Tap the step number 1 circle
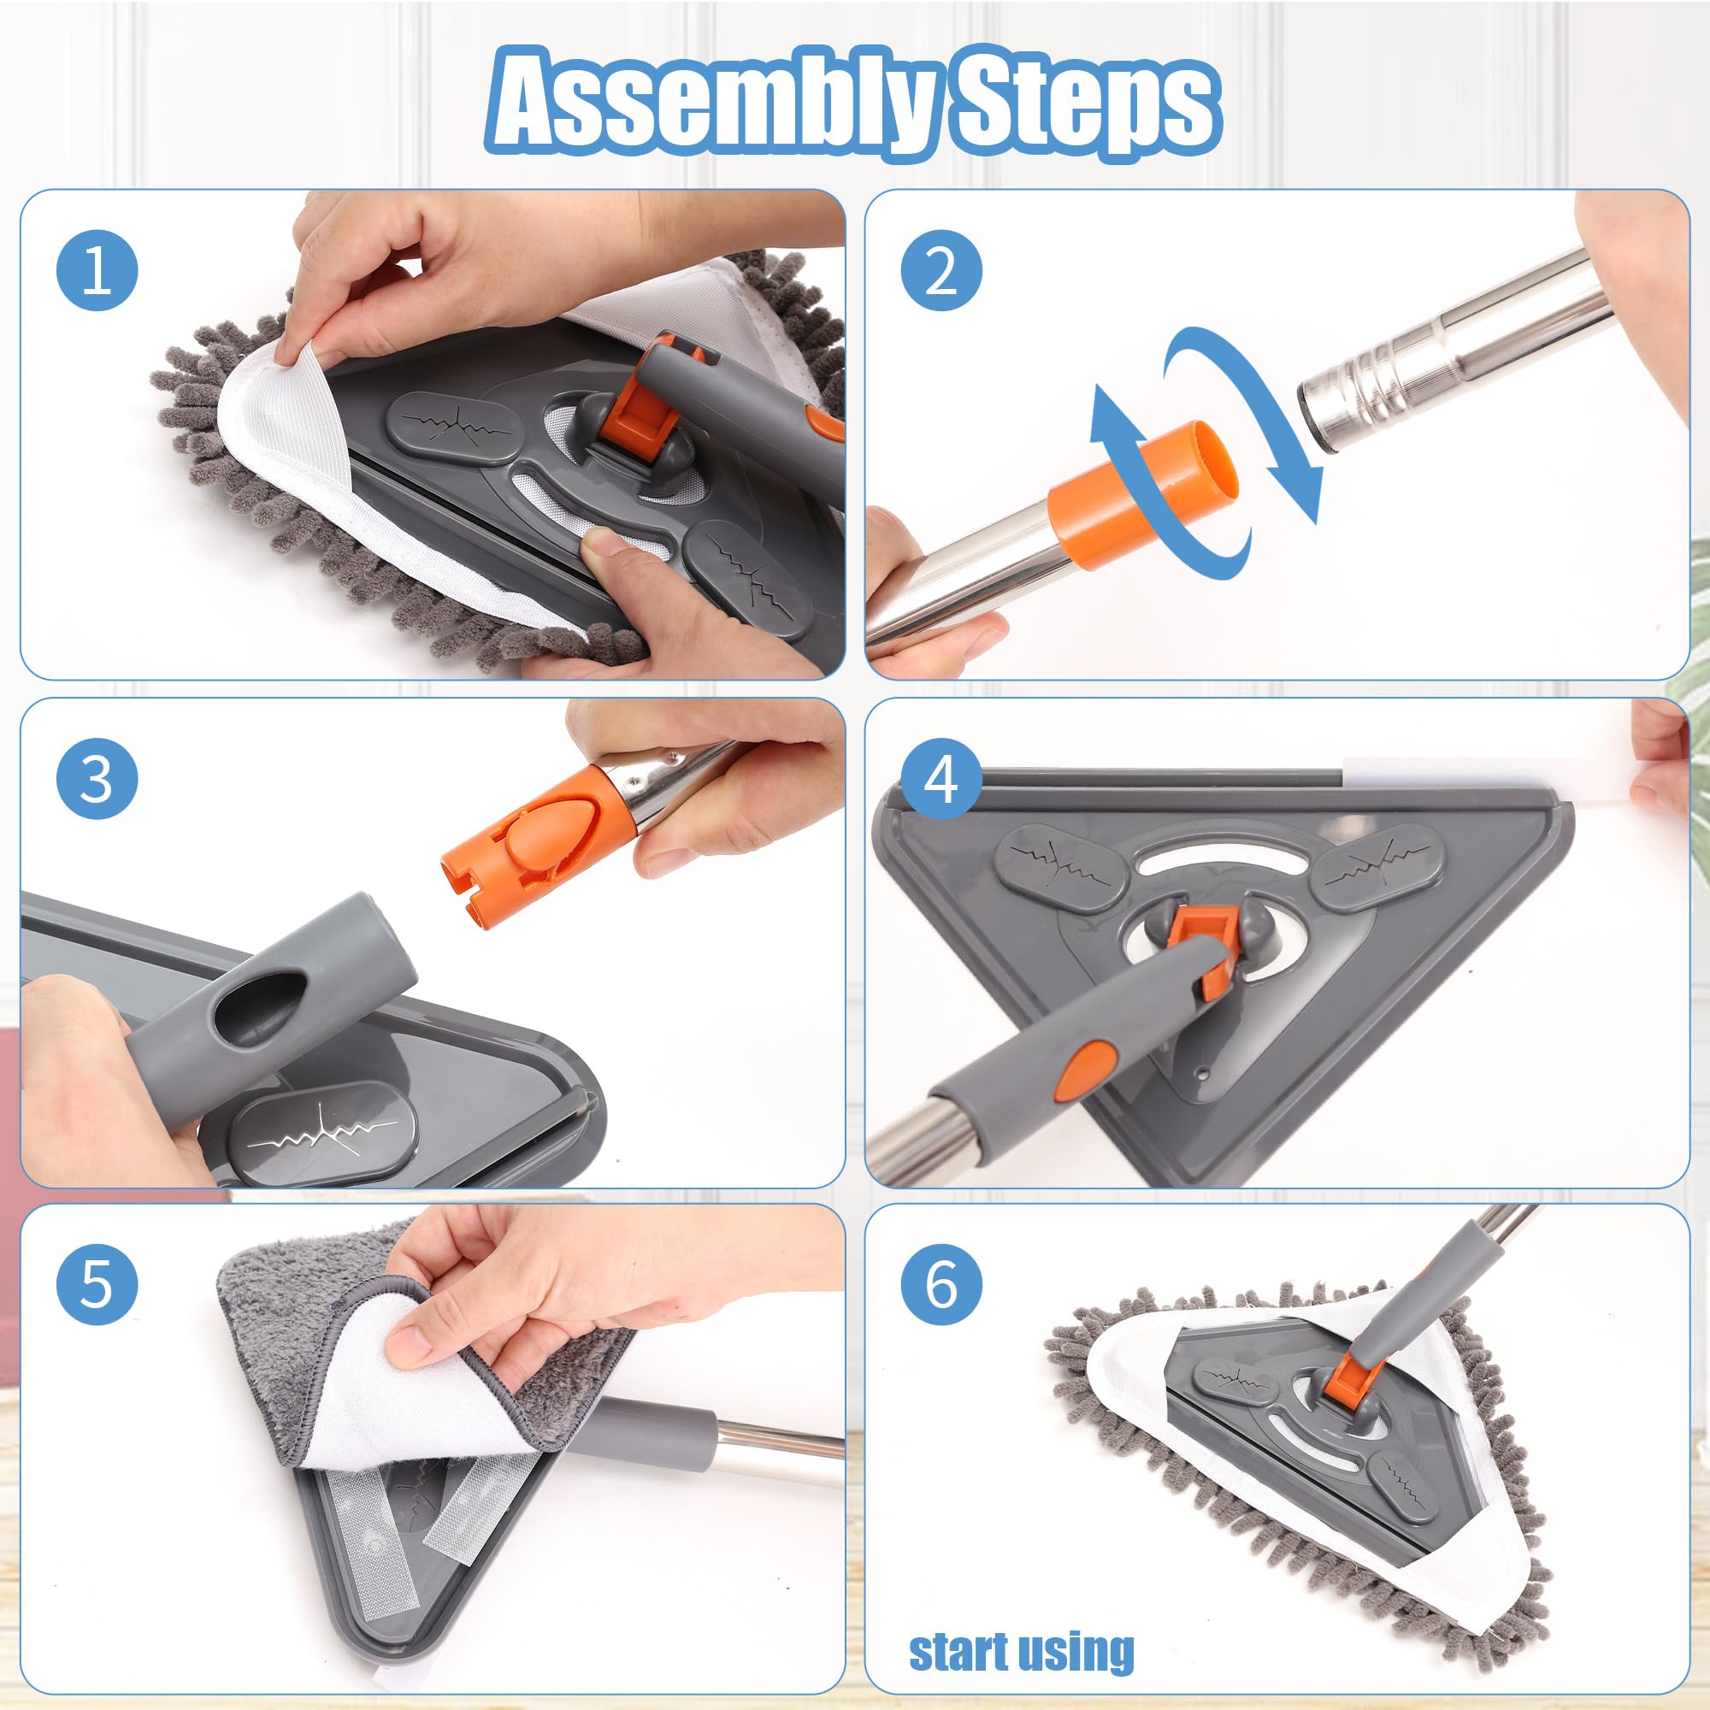coord(97,270)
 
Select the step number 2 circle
coord(940,270)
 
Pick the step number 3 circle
coord(97,779)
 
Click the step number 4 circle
coord(940,779)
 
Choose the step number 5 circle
coord(97,1283)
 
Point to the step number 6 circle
coord(940,1283)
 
